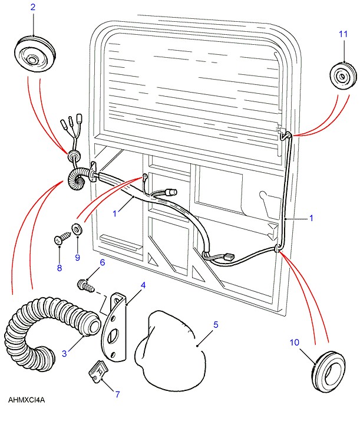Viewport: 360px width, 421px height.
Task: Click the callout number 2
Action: pyautogui.click(x=32, y=8)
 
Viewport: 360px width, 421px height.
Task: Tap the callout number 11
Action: pyautogui.click(x=344, y=35)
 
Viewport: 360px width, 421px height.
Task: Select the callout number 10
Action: pyautogui.click(x=295, y=342)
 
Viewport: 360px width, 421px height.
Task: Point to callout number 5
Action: pyautogui.click(x=216, y=324)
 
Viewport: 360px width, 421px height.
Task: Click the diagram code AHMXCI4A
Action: pyautogui.click(x=27, y=400)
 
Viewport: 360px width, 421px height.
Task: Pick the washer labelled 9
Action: pyautogui.click(x=76, y=228)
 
